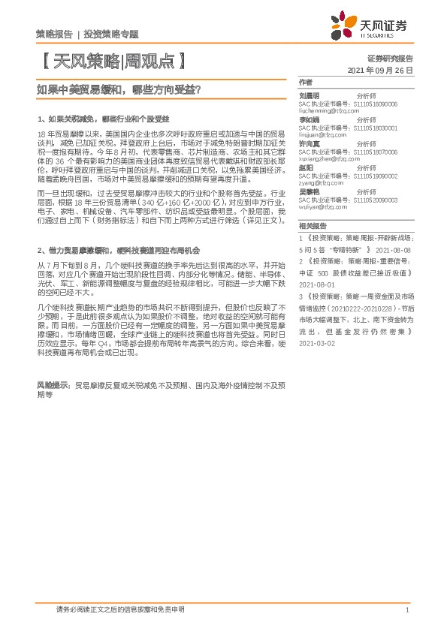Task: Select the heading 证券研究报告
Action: (390, 58)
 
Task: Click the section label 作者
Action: (304, 82)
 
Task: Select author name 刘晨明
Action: (310, 96)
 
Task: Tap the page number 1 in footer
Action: (406, 610)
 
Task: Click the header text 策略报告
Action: (54, 35)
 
